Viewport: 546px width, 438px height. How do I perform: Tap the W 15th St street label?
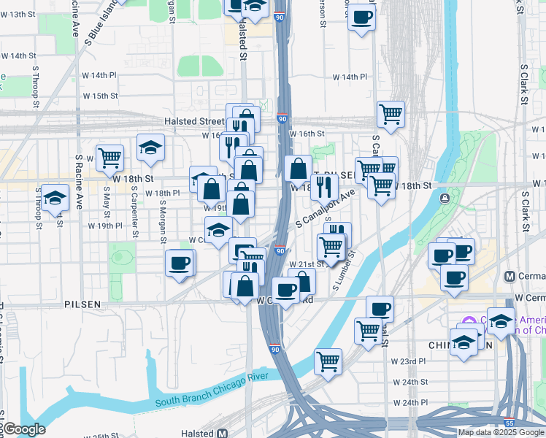point(100,96)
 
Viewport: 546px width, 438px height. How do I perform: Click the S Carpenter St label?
point(134,207)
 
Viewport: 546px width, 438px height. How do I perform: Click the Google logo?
point(23,429)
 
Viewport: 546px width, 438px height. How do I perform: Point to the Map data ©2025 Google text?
point(500,432)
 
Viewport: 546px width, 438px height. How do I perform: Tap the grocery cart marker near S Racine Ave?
point(109,156)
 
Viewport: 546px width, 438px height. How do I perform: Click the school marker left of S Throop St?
point(54,197)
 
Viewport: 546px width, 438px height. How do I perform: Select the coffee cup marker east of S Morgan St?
point(180,263)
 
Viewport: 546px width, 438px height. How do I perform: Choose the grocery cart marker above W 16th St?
point(391,113)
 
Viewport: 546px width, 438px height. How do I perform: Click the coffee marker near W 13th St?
point(361,17)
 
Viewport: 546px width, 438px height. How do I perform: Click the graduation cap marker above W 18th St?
point(150,147)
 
